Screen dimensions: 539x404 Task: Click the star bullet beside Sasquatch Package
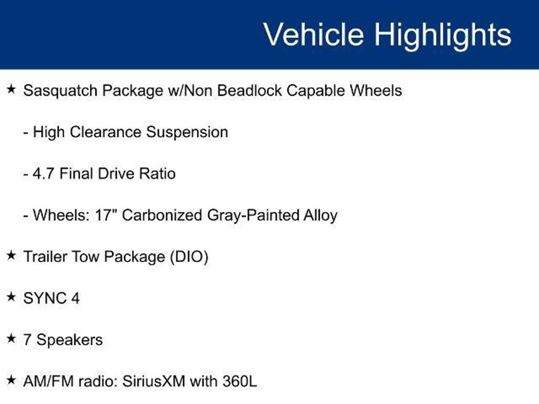tap(11, 89)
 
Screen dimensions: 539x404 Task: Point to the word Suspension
tap(187, 132)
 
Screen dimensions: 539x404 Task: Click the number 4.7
tap(43, 174)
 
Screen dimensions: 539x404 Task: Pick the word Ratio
tap(157, 174)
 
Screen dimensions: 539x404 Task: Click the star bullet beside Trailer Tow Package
tap(11, 255)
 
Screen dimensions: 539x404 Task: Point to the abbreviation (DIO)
tap(189, 257)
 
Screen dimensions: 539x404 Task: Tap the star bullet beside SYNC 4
tap(11, 297)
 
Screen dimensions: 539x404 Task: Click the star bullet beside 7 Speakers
tap(11, 338)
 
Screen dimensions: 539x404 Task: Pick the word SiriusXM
tap(154, 381)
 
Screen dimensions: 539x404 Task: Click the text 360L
tap(239, 381)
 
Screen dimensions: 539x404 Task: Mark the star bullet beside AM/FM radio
tap(11, 380)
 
